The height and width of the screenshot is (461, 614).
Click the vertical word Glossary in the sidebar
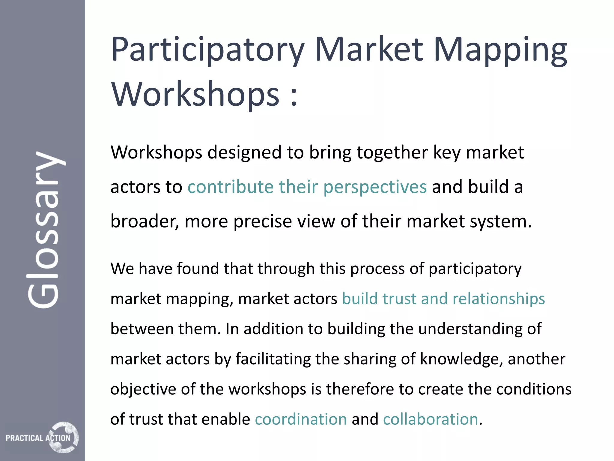click(45, 230)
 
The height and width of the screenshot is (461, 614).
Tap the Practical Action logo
click(42, 437)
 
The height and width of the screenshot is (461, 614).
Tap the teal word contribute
click(231, 187)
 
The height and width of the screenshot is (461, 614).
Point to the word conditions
click(534, 389)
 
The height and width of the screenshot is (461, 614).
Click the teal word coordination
click(301, 419)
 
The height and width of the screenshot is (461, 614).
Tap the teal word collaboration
click(430, 419)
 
